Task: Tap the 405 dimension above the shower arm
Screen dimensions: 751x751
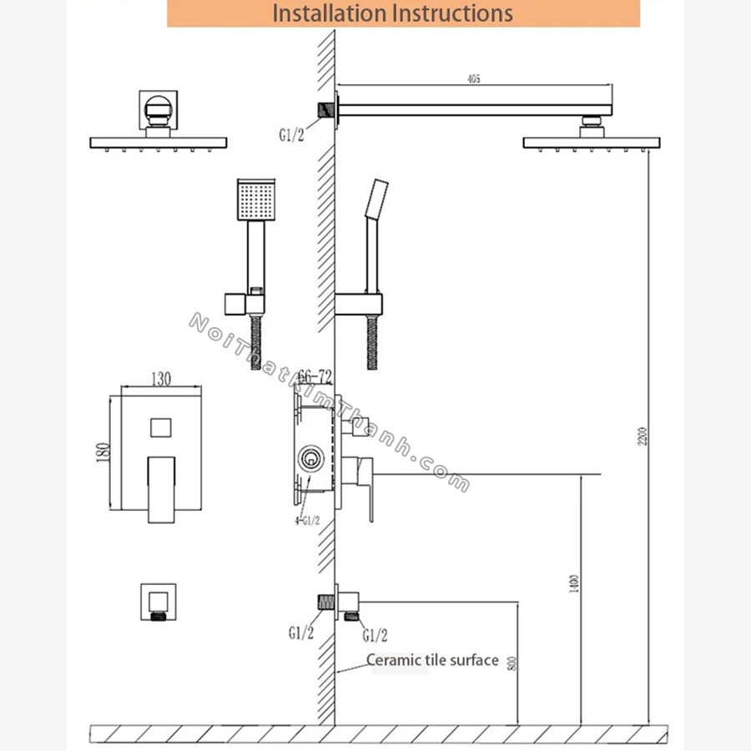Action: click(x=473, y=79)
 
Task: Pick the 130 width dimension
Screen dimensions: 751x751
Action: click(x=161, y=379)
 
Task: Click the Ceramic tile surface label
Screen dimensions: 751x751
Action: click(x=433, y=661)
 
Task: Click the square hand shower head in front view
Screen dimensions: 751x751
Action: click(x=254, y=200)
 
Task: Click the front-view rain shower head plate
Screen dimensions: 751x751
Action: click(x=159, y=143)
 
